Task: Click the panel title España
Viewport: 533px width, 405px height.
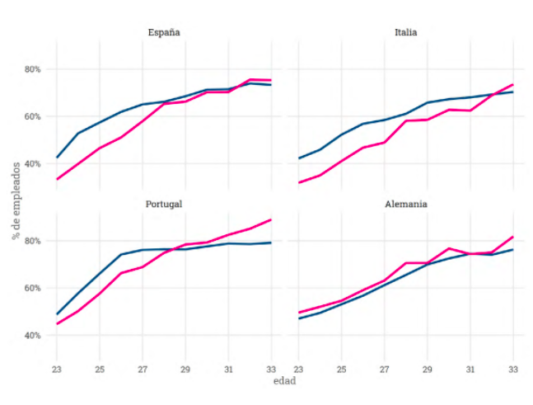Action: pos(164,33)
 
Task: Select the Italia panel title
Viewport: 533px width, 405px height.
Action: pos(405,33)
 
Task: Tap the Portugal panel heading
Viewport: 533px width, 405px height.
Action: pos(163,204)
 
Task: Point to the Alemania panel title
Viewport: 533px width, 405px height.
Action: pos(405,204)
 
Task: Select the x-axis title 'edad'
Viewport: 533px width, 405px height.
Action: pos(284,381)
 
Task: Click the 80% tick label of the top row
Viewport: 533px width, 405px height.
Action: pos(31,69)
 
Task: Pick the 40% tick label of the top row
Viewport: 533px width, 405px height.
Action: pos(31,164)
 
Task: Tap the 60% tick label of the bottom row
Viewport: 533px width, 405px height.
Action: pos(31,289)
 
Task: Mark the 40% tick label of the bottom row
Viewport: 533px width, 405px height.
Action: pos(31,336)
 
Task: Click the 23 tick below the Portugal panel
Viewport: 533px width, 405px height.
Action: pos(57,368)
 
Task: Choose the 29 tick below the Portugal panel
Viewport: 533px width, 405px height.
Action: pos(185,368)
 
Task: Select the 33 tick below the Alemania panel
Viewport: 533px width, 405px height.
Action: pos(512,368)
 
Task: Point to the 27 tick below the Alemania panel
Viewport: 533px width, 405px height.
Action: pos(385,368)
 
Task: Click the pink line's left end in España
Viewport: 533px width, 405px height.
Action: pos(57,179)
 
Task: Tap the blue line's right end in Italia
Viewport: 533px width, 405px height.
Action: pos(512,92)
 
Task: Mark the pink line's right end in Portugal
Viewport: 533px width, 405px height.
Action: pos(271,219)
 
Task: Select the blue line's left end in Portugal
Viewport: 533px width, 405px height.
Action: pos(57,314)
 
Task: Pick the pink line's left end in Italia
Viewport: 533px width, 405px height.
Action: pos(299,182)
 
